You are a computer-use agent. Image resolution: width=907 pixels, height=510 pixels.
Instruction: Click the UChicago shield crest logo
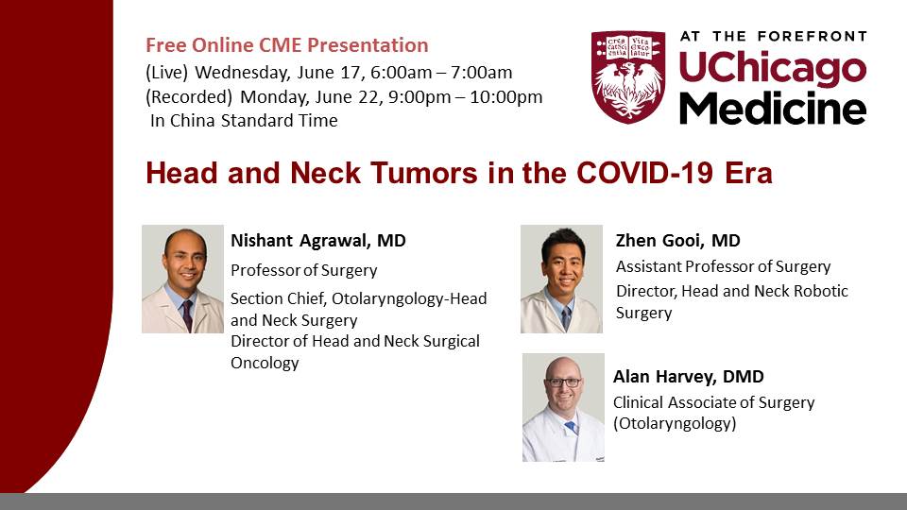[627, 76]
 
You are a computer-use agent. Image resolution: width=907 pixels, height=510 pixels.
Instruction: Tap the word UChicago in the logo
[772, 68]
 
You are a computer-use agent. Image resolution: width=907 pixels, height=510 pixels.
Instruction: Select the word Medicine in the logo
[773, 108]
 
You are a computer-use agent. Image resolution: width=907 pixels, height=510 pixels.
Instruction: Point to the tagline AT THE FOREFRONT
[774, 37]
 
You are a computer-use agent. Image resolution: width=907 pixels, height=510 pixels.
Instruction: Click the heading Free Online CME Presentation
[287, 45]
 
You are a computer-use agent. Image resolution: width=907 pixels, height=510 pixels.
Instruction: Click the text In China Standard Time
[244, 120]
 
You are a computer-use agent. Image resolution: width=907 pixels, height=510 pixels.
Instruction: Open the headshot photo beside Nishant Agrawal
[182, 279]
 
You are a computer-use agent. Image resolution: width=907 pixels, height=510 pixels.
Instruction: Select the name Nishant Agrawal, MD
[318, 240]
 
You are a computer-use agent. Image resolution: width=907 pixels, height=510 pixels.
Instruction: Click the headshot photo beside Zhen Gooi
[561, 279]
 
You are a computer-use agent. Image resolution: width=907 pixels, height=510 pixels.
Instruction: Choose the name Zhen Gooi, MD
[678, 240]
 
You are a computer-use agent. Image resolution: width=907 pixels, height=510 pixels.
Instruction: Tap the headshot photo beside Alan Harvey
[563, 407]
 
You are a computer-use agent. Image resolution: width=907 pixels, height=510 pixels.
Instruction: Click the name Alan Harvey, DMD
[689, 377]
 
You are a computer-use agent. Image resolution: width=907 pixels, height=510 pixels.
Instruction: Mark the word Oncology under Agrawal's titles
[265, 363]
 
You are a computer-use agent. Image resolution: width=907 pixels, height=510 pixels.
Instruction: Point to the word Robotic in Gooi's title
[821, 291]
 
